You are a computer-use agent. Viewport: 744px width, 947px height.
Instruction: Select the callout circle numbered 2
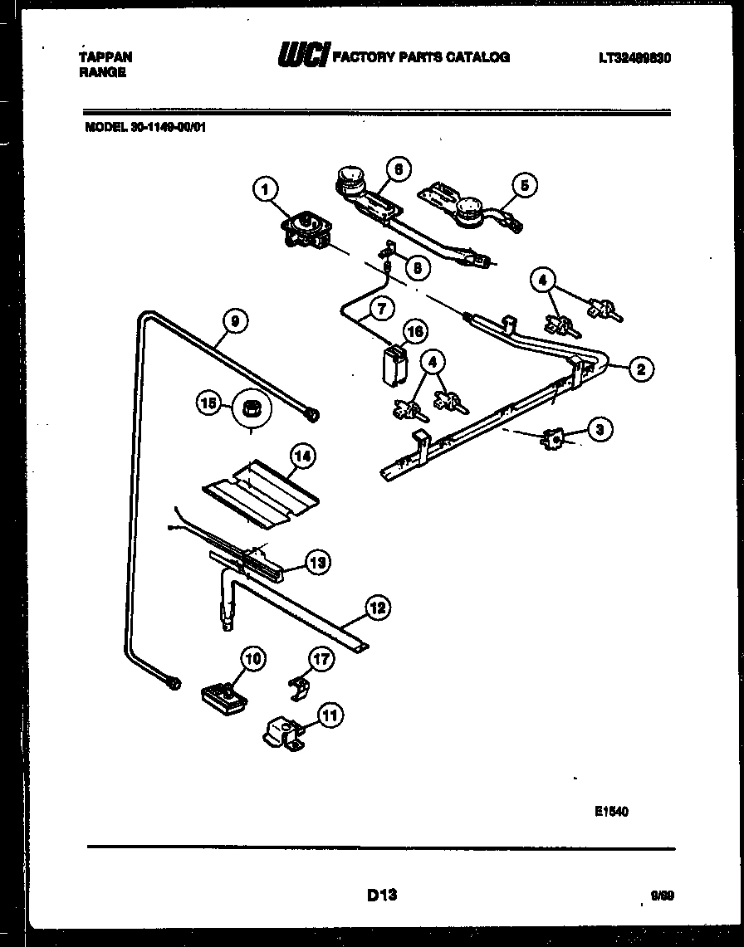point(639,369)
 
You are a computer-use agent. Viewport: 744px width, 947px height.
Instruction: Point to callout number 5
point(524,185)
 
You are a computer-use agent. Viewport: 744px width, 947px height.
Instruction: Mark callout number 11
point(330,713)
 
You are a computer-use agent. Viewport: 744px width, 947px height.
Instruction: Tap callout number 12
point(377,608)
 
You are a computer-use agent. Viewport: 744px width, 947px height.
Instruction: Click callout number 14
point(302,455)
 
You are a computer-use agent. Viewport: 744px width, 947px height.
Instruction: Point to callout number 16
point(415,331)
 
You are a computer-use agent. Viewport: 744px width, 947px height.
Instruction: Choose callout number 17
point(321,660)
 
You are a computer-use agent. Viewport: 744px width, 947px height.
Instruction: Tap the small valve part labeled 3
point(551,440)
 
